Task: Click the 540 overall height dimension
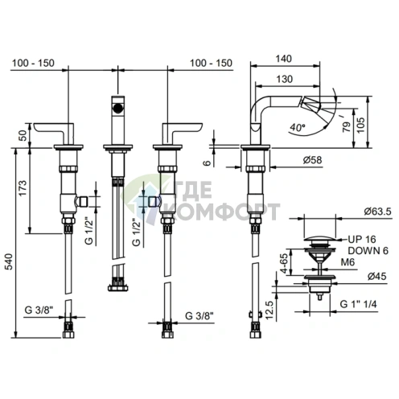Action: point(9,261)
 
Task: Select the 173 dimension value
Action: point(23,187)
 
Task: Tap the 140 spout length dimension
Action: point(284,59)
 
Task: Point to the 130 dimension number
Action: point(285,79)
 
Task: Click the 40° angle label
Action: point(298,127)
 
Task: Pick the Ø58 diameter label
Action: point(312,160)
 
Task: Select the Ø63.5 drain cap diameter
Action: point(377,212)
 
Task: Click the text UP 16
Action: point(362,239)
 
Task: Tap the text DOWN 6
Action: point(368,251)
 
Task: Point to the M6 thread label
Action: point(348,262)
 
